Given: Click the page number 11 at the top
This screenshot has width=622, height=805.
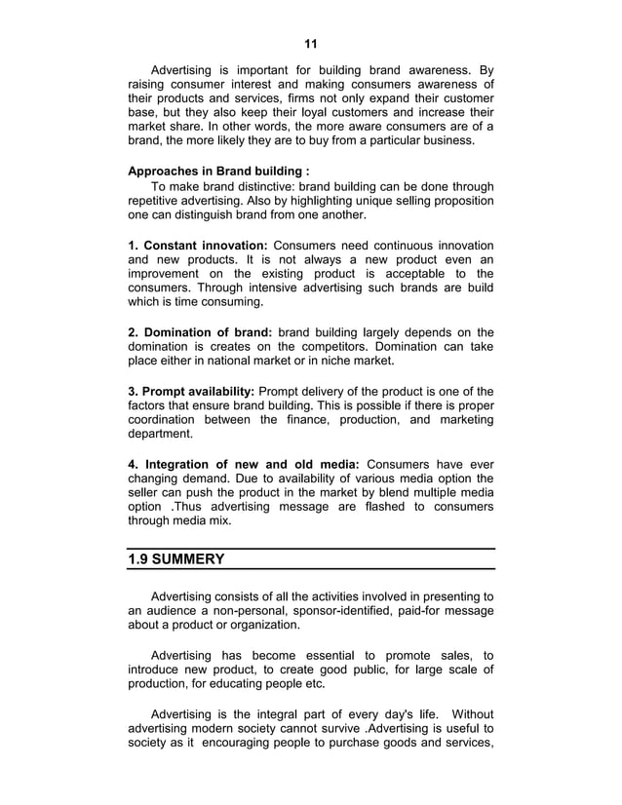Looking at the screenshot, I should (x=311, y=44).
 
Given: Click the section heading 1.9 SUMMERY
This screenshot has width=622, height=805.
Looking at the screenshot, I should (x=176, y=559).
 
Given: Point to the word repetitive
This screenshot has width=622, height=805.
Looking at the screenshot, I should (x=160, y=201).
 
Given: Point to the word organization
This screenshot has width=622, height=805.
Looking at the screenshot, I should (x=259, y=625).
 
